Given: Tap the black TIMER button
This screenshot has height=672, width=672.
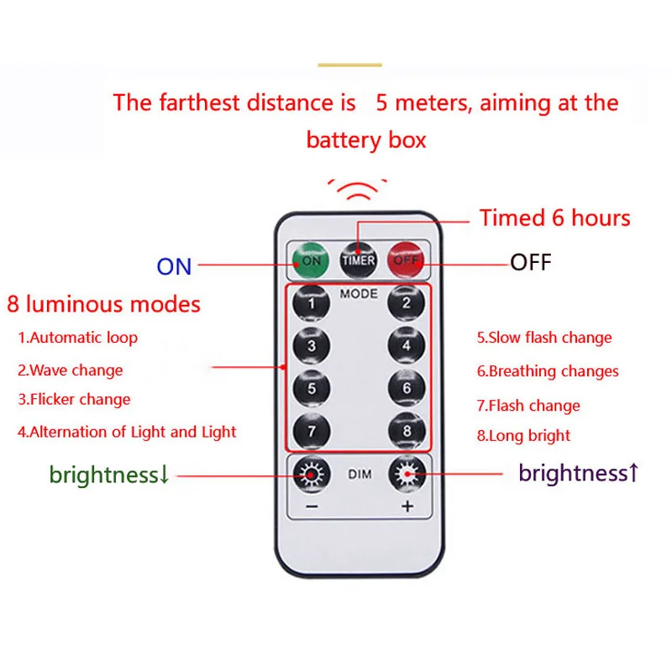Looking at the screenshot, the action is [359, 260].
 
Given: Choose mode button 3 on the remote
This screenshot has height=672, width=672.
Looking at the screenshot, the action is [312, 345].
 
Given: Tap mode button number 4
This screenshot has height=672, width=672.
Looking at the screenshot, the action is [407, 345].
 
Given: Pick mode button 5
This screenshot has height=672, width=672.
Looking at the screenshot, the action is [312, 388].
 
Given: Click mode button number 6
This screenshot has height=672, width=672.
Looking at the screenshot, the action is [407, 388].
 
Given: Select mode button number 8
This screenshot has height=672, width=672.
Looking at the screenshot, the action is [407, 431].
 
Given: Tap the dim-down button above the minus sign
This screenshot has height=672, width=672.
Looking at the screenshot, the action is [312, 475].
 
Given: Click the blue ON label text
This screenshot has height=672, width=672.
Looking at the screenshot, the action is [174, 266].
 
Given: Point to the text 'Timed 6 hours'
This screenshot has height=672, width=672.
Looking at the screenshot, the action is [554, 218].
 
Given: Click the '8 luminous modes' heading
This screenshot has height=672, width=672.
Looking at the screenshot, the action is [103, 303].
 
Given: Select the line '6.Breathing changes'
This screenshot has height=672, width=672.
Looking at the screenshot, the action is [548, 371].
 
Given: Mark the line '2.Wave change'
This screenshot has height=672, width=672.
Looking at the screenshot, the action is [71, 370].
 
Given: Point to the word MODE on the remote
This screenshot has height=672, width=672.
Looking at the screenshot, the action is [359, 295].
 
